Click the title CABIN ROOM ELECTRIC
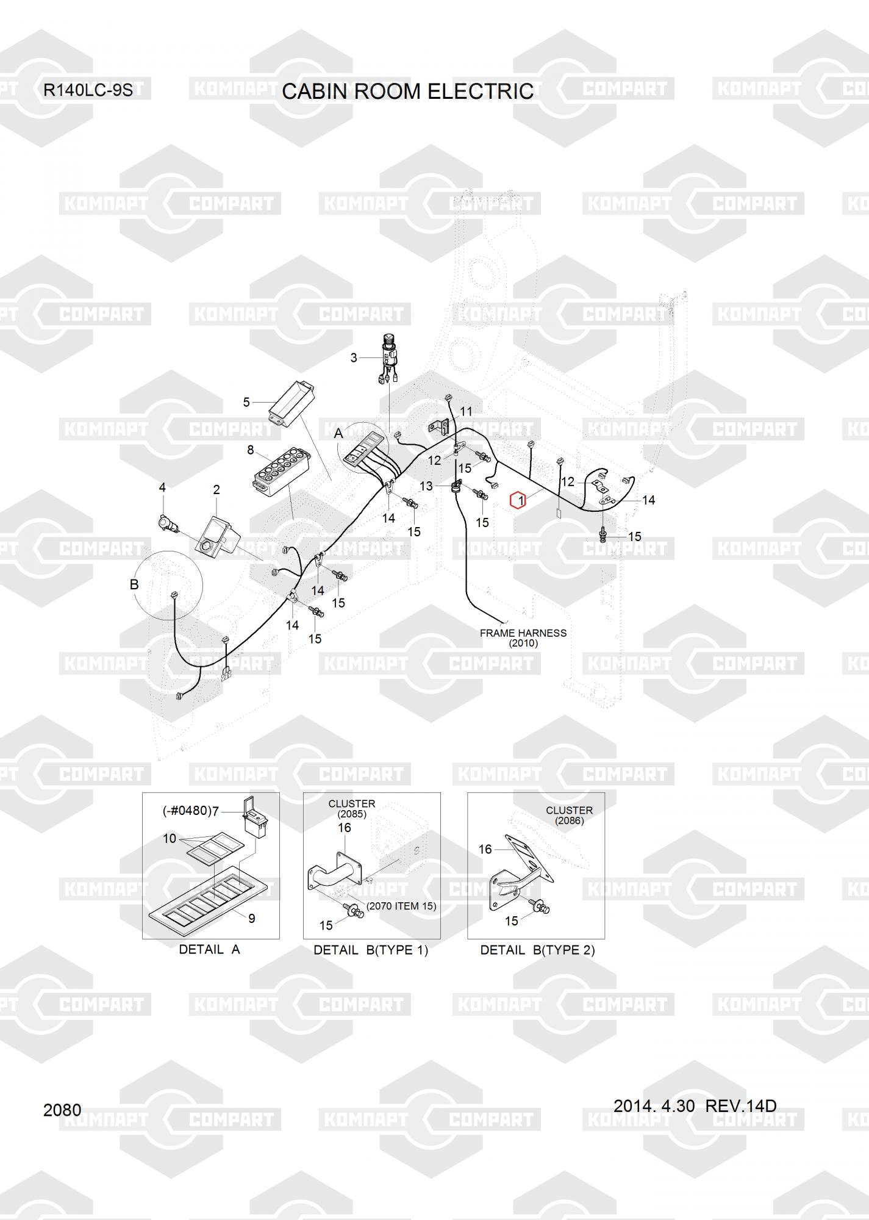[x=408, y=91]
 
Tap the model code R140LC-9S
[x=88, y=90]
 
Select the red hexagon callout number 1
[x=518, y=501]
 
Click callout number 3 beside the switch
[x=354, y=358]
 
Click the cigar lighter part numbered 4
[x=166, y=523]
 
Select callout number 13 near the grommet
[x=426, y=486]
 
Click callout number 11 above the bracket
[x=466, y=412]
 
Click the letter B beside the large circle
[x=134, y=584]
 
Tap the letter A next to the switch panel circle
[x=338, y=434]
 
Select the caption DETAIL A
[x=210, y=950]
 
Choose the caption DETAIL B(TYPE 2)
[x=537, y=950]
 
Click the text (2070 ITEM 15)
[x=401, y=906]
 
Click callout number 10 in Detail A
[x=170, y=839]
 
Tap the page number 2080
[x=62, y=1110]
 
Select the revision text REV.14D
[x=741, y=1106]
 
